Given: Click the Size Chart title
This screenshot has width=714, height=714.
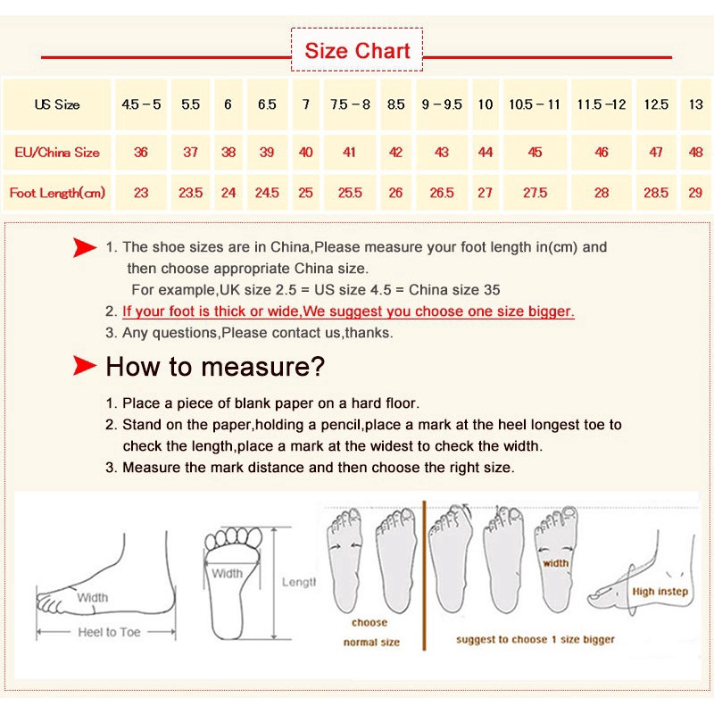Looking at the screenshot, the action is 357,50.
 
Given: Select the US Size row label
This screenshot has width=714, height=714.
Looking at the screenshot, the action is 57,104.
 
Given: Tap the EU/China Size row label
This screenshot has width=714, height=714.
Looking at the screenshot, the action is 57,152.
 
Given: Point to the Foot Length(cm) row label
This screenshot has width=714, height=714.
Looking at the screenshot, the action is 57,193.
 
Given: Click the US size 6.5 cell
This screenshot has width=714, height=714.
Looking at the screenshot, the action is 267,104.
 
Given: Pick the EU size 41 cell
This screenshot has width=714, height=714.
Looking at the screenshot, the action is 349,152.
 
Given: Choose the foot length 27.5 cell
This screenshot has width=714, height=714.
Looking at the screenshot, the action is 535,193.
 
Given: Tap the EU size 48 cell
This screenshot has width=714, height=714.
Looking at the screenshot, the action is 695,152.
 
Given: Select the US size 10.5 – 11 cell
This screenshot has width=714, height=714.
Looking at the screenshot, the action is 534,104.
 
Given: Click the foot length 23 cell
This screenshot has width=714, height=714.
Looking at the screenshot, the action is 141,193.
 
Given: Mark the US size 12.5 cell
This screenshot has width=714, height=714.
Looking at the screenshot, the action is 656,104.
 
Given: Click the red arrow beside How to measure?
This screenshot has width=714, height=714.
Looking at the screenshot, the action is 85,366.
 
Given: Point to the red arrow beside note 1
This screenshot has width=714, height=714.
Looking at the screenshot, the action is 85,248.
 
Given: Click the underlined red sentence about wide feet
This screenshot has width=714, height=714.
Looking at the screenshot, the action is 348,311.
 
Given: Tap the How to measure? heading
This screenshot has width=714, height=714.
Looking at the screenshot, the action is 215,367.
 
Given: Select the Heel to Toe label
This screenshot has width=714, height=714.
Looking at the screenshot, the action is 109,632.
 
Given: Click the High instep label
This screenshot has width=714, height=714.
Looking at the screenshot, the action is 660,592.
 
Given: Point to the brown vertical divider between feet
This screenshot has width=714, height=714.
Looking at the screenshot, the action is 424,575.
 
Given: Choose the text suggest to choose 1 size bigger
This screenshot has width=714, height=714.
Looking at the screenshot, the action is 535,639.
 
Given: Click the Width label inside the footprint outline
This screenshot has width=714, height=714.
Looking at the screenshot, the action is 228,573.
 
